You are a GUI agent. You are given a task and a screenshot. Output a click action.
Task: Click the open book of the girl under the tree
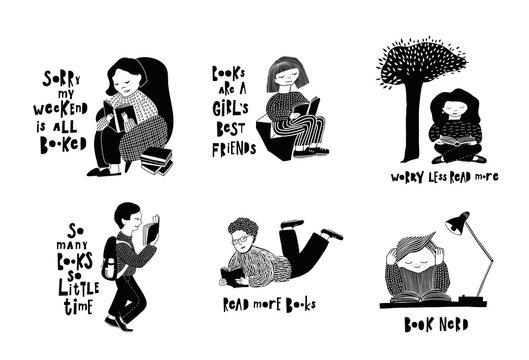point(457,153)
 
